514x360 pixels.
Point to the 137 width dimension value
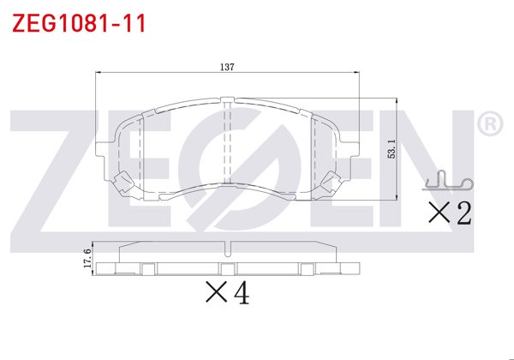coord(226,66)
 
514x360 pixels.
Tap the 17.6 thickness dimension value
coord(87,258)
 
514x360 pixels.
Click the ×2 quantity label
coord(450,213)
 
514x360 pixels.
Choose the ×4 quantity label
coord(228,293)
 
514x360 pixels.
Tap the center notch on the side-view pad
coord(228,250)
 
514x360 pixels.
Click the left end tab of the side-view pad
coord(106,267)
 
